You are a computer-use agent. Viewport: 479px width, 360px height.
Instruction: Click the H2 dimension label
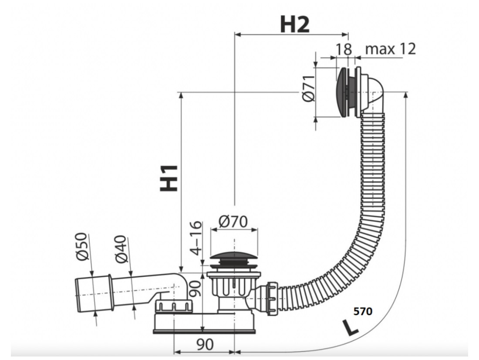pyautogui.click(x=294, y=24)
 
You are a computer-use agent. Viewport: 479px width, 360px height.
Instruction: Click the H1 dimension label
pyautogui.click(x=169, y=178)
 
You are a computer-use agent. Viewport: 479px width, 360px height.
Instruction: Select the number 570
pyautogui.click(x=363, y=311)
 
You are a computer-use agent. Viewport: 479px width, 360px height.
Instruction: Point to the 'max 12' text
pyautogui.click(x=391, y=49)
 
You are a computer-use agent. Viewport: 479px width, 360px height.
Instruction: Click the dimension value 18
pyautogui.click(x=344, y=49)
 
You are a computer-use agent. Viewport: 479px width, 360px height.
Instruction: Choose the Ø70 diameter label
pyautogui.click(x=233, y=221)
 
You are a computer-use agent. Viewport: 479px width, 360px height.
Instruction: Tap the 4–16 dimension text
pyautogui.click(x=196, y=238)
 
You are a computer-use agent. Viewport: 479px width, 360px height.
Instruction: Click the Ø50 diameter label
pyautogui.click(x=81, y=247)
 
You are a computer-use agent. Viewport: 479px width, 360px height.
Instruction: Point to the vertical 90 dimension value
pyautogui.click(x=195, y=289)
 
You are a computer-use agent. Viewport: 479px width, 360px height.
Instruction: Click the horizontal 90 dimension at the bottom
pyautogui.click(x=205, y=344)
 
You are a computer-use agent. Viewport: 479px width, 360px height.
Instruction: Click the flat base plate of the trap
pyautogui.click(x=204, y=331)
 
